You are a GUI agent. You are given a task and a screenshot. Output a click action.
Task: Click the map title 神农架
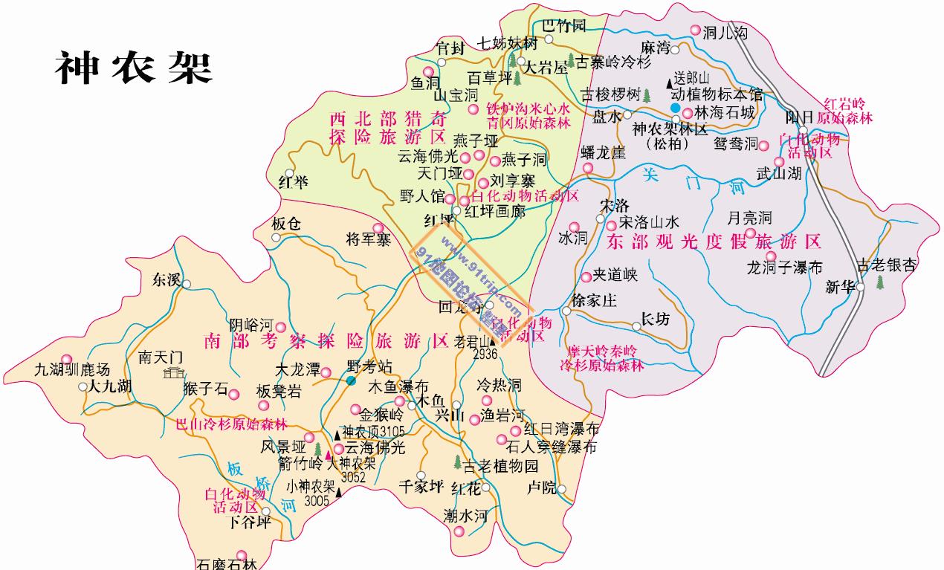134,69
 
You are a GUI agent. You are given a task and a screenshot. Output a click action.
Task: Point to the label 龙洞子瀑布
784,268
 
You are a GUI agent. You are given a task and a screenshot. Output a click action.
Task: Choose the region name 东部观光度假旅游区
714,242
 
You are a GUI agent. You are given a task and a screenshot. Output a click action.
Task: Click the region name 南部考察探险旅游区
326,341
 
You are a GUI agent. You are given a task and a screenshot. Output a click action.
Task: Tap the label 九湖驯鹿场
72,369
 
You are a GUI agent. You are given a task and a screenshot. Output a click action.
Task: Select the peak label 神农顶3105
373,432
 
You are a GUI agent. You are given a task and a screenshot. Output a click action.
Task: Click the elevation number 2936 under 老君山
484,354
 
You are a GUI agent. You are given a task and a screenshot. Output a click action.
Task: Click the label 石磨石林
227,564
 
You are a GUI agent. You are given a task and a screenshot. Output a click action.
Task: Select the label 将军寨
368,239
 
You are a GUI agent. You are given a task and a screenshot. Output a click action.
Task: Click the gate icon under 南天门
175,372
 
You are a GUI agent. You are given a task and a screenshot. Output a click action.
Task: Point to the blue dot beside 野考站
350,380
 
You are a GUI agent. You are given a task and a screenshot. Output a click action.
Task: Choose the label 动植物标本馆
717,94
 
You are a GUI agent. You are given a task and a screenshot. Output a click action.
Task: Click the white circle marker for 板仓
277,238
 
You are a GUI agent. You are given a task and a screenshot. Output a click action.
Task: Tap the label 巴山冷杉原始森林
230,424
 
